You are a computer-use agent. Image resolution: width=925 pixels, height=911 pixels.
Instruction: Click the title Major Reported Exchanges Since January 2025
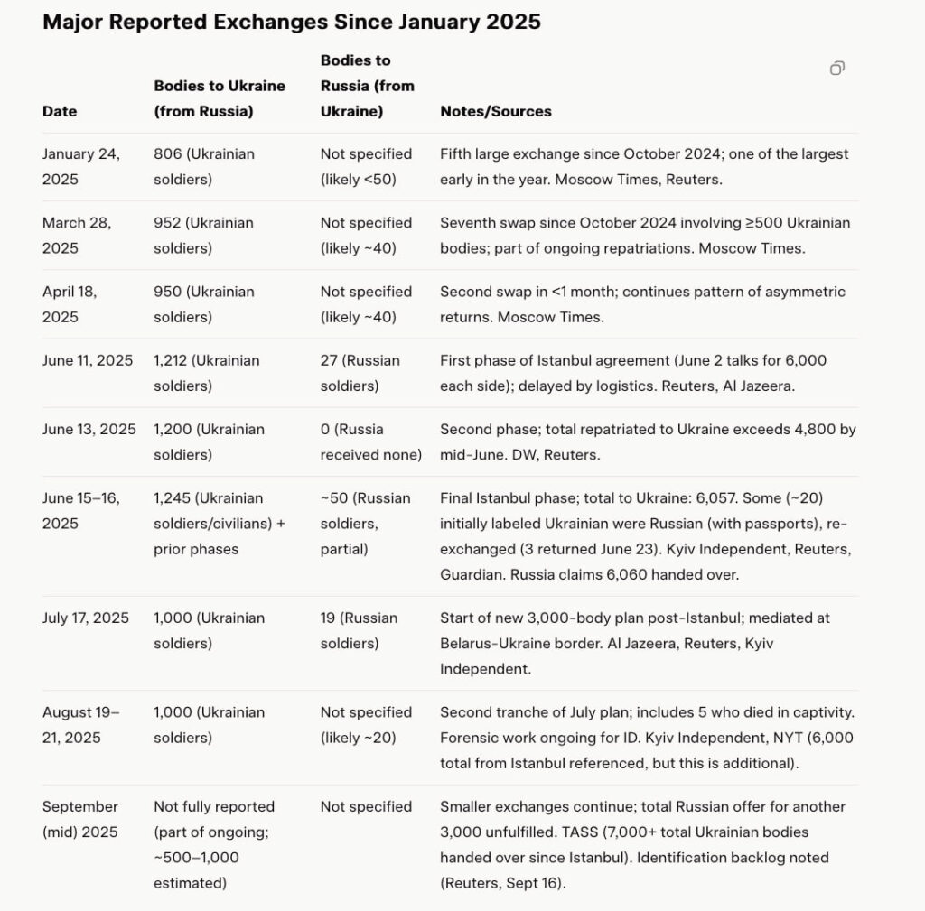[291, 23]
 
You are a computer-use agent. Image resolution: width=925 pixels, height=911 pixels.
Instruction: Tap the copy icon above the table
[837, 69]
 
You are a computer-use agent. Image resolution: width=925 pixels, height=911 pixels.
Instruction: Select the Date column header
[60, 112]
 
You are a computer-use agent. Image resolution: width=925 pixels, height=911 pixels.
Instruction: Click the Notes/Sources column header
[495, 112]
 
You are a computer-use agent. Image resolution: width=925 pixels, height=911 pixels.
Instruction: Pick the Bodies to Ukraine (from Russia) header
[219, 98]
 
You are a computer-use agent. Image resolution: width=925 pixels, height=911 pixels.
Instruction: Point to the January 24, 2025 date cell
[80, 166]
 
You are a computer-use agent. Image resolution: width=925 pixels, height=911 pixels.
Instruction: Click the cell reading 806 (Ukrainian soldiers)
[203, 166]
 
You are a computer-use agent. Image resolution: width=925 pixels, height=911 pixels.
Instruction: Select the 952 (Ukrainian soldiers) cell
[203, 235]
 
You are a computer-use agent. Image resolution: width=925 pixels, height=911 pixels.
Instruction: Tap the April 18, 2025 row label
[72, 303]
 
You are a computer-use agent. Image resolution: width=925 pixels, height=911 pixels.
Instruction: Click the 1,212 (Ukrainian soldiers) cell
[206, 373]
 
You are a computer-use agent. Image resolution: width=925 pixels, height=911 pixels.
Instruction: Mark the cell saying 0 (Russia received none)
[370, 442]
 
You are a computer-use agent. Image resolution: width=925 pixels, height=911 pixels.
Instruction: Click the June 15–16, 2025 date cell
[80, 510]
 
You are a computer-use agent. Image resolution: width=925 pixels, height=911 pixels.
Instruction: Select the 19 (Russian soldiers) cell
[359, 630]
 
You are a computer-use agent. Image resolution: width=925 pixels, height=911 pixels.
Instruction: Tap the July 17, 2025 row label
[85, 618]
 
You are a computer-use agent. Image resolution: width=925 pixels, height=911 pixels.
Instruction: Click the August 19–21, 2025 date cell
[80, 724]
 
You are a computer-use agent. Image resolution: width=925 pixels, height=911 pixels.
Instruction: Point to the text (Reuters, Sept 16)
[502, 883]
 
